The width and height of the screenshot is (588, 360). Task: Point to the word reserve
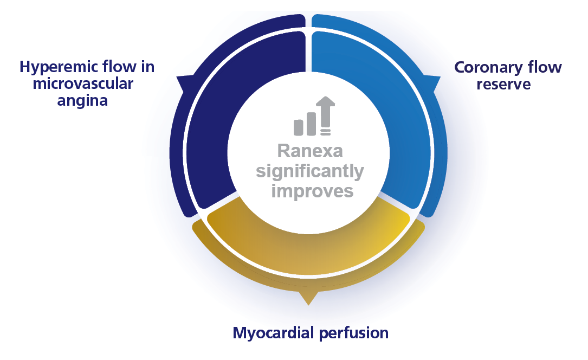tap(508, 84)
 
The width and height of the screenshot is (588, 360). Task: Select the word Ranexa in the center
tap(310, 151)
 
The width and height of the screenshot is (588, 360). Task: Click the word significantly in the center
tap(310, 171)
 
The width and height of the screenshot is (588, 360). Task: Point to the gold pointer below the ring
tap(308, 297)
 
